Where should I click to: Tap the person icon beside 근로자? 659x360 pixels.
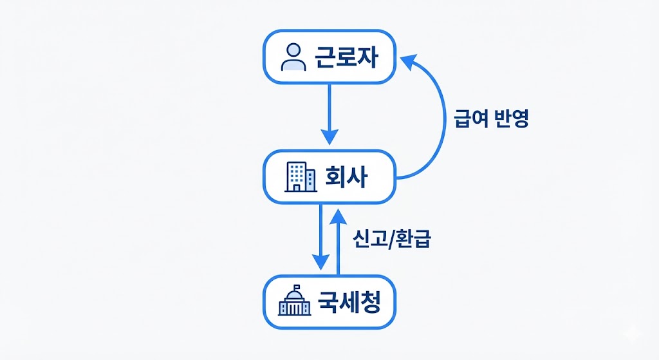tap(293, 57)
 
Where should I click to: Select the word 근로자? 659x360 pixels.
tap(346, 58)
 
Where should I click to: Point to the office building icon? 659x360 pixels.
tap(301, 176)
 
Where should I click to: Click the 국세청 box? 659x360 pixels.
tap(329, 303)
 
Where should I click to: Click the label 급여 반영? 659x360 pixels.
tap(491, 118)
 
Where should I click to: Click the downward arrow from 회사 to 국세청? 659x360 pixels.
tap(320, 235)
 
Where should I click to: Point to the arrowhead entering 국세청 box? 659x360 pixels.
tap(320, 263)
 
